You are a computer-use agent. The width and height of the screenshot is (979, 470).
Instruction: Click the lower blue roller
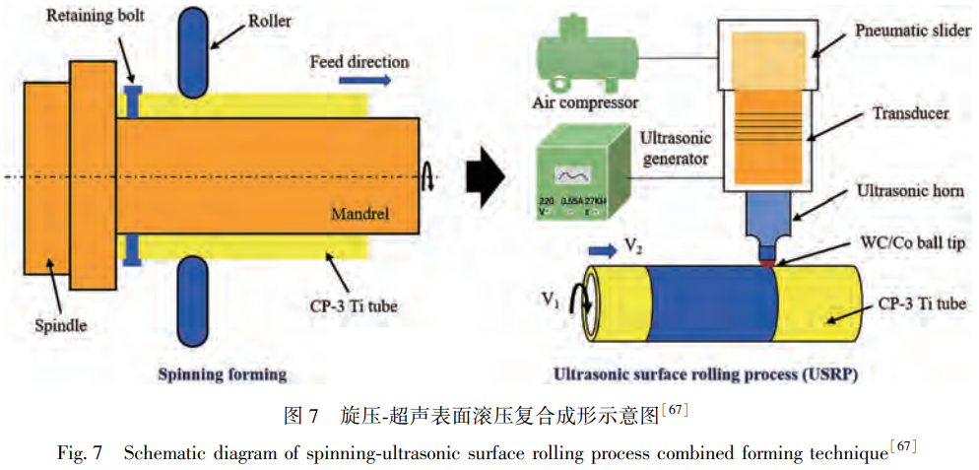click(x=191, y=293)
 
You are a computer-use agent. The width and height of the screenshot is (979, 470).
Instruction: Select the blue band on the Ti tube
click(x=712, y=303)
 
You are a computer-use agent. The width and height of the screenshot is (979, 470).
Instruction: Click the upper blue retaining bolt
click(x=133, y=101)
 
